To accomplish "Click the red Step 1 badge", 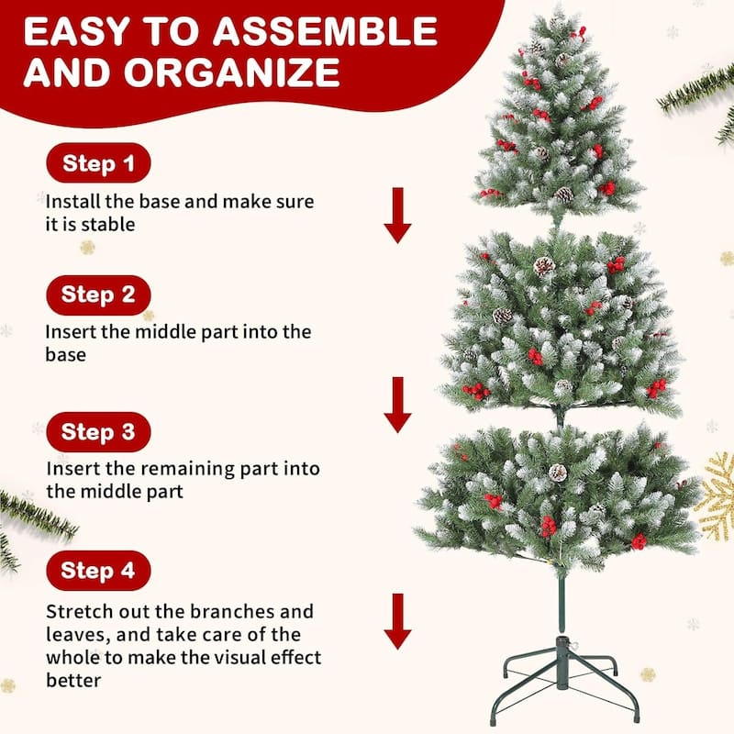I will click(98, 164).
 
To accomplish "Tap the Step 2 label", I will click(98, 295).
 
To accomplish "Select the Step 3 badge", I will click(98, 432).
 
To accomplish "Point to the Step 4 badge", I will click(98, 570).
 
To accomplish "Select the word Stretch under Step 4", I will click(82, 611).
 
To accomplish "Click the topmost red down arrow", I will click(397, 215).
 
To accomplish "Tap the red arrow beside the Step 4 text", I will click(397, 621).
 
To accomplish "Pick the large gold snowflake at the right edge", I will click(717, 495).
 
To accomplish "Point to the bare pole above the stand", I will click(562, 601).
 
